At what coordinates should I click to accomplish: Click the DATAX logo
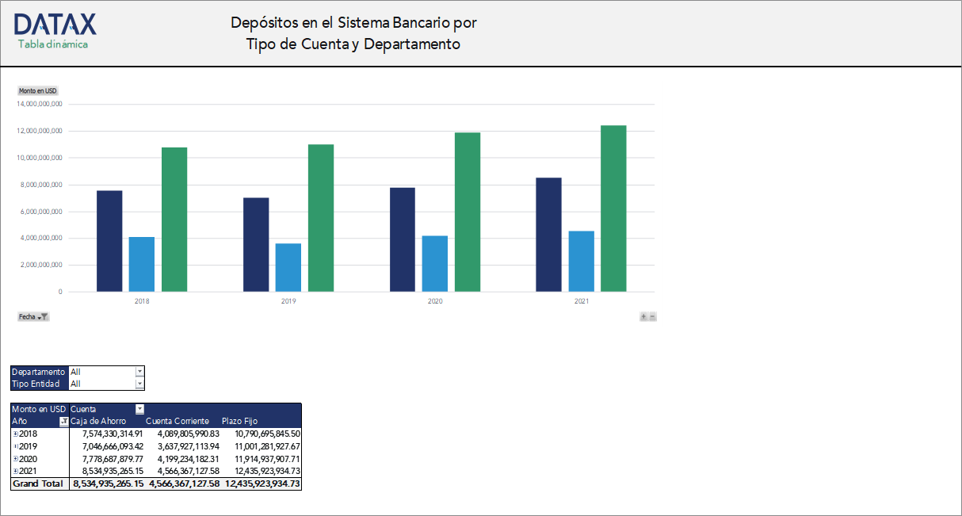click(55, 24)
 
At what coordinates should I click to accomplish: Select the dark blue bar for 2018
click(109, 241)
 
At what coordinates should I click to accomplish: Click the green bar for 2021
click(613, 208)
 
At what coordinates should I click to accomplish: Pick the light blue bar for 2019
click(288, 267)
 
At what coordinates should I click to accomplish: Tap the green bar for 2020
click(468, 212)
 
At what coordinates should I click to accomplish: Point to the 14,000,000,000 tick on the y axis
click(40, 104)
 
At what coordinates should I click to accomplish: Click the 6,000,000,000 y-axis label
click(40, 212)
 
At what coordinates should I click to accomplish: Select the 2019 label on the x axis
click(288, 302)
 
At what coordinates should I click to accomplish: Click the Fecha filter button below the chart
click(33, 316)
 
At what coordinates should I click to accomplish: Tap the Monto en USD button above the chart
click(38, 91)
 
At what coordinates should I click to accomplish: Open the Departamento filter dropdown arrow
click(139, 372)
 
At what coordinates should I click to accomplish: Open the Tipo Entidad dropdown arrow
click(139, 384)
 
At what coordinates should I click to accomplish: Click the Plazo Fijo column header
click(239, 421)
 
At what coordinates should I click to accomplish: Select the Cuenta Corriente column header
click(178, 421)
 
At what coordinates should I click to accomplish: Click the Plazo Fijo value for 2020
click(267, 459)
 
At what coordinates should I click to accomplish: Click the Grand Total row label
click(37, 484)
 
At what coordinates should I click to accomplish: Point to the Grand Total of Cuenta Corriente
click(183, 484)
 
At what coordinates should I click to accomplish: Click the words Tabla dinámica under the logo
click(53, 44)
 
